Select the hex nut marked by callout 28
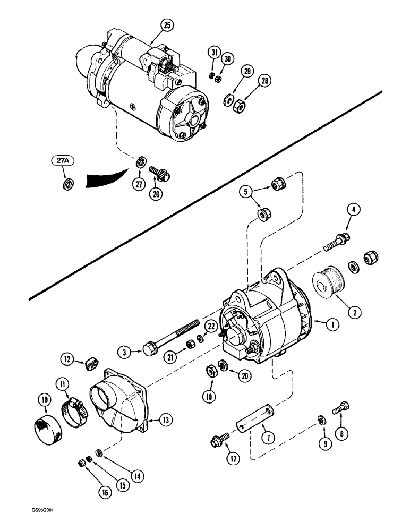239,107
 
